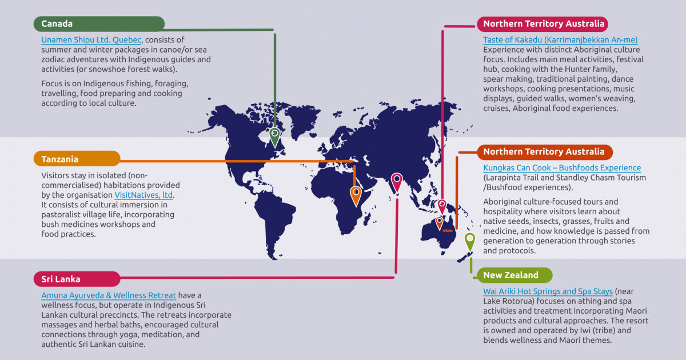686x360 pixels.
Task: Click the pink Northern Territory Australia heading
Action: (x=543, y=24)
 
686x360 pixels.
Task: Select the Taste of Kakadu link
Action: (x=560, y=40)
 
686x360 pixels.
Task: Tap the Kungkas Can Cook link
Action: (x=561, y=168)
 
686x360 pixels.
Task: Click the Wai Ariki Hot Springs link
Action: (x=548, y=291)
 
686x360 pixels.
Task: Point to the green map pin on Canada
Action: (x=275, y=137)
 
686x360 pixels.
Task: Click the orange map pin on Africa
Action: (x=356, y=194)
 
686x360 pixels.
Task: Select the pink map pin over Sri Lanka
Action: (x=396, y=182)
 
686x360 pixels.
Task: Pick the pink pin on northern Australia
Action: (x=442, y=206)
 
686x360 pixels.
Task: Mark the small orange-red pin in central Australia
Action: (x=440, y=222)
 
